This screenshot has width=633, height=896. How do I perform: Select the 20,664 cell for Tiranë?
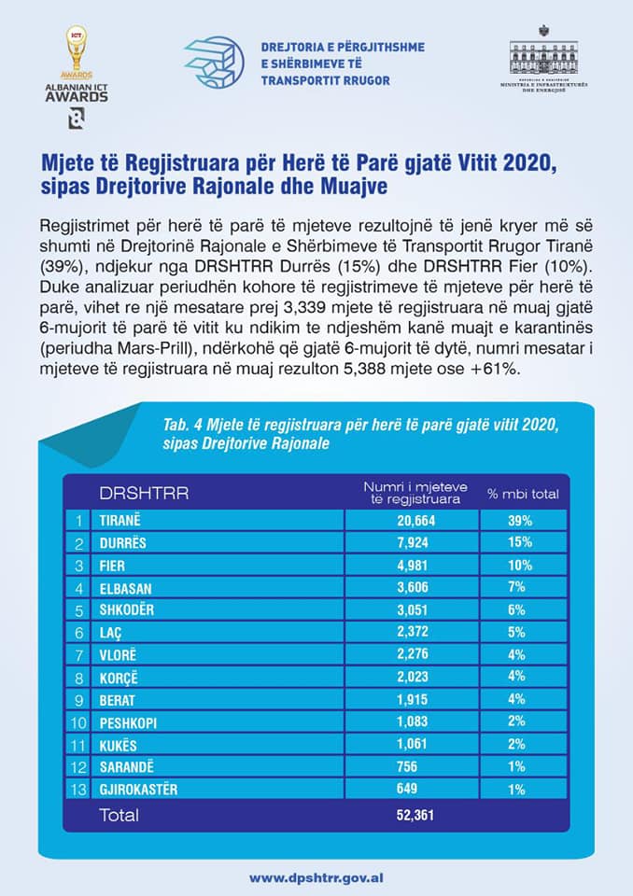(x=412, y=520)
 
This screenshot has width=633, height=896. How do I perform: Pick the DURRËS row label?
(x=122, y=542)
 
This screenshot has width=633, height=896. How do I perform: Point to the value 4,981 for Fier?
(x=412, y=566)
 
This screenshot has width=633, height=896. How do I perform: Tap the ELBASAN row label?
(x=125, y=588)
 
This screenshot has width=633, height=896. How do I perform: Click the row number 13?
(x=79, y=790)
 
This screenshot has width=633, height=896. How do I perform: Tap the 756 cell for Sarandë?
(x=412, y=767)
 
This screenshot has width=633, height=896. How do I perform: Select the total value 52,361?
(x=412, y=815)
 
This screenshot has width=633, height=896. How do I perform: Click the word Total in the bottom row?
(x=119, y=815)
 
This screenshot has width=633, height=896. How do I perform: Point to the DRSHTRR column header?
(x=144, y=493)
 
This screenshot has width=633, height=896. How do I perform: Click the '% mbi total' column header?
(x=523, y=493)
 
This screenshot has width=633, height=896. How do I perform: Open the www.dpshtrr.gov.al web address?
(x=316, y=877)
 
